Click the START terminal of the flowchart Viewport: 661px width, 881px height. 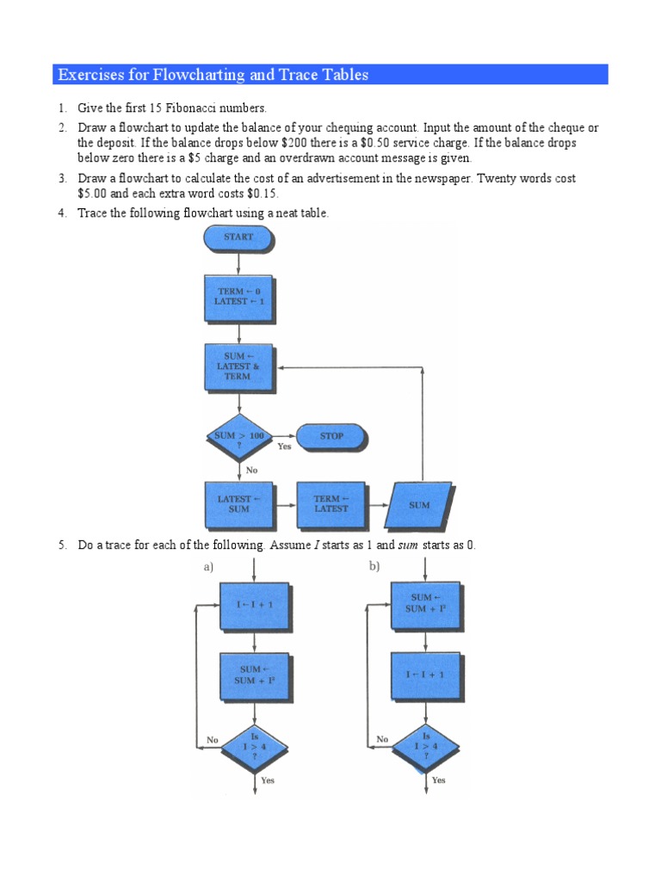click(x=238, y=237)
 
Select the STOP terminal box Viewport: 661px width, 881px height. click(x=331, y=437)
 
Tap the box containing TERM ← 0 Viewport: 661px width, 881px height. click(x=238, y=298)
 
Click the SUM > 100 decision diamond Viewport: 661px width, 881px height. click(x=238, y=437)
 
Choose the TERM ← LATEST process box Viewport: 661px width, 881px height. click(x=330, y=504)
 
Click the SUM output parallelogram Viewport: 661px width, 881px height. click(x=419, y=505)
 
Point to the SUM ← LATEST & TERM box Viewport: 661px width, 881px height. click(x=238, y=367)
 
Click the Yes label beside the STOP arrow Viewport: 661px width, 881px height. click(x=284, y=447)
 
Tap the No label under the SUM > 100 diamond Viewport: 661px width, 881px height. click(x=251, y=471)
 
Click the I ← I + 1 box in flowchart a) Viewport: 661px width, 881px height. click(x=255, y=606)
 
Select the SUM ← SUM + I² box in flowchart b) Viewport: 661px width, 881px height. click(x=425, y=603)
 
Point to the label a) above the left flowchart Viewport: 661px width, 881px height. click(x=208, y=566)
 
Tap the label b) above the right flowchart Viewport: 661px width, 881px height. click(x=375, y=566)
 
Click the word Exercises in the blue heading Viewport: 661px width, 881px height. click(x=90, y=75)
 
